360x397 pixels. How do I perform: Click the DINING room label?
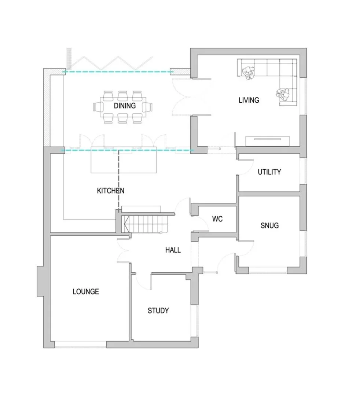pos(124,106)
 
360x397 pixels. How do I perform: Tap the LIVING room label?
pos(249,100)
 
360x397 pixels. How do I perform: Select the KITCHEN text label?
pos(110,191)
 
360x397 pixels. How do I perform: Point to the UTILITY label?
pos(269,172)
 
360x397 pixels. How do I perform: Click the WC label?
pos(217,219)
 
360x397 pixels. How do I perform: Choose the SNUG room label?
pos(269,225)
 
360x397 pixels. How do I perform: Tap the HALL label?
pos(173,250)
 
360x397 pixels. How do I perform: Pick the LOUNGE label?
pos(86,292)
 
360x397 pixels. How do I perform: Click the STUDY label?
pos(158,310)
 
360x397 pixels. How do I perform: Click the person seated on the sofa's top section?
pos(251,73)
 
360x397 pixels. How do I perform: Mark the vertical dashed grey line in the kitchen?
pos(118,180)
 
